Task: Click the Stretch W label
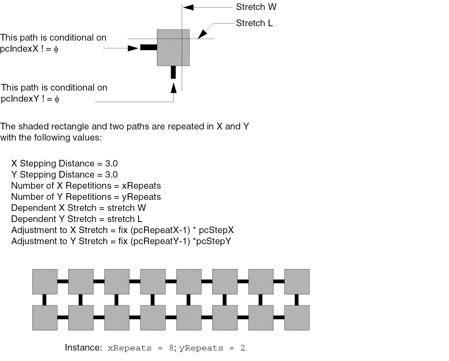pyautogui.click(x=256, y=7)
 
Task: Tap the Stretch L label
pyautogui.click(x=254, y=23)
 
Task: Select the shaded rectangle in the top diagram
pyautogui.click(x=173, y=48)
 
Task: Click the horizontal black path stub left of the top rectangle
pyautogui.click(x=148, y=48)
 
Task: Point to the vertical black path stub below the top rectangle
pyautogui.click(x=173, y=72)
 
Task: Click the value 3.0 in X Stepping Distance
pyautogui.click(x=111, y=163)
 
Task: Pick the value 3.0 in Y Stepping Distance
pyautogui.click(x=111, y=175)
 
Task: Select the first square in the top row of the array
pyautogui.click(x=45, y=282)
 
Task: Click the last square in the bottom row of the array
pyautogui.click(x=297, y=317)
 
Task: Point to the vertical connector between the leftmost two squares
pyautogui.click(x=45, y=300)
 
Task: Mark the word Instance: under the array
pyautogui.click(x=84, y=348)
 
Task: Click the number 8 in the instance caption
pyautogui.click(x=170, y=348)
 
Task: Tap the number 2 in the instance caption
pyautogui.click(x=242, y=348)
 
